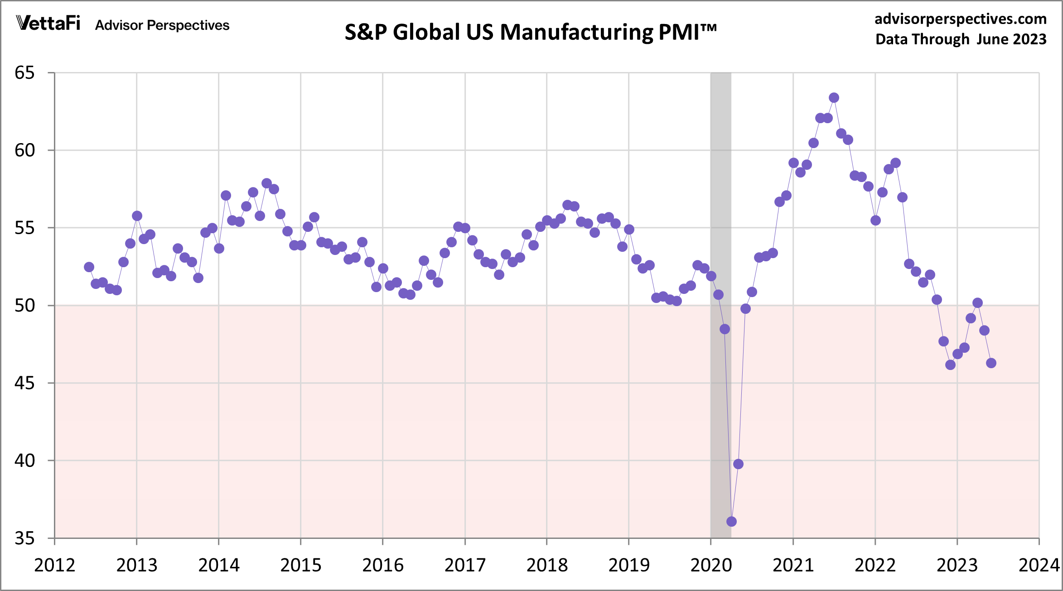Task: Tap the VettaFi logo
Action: click(48, 23)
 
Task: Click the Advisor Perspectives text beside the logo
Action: click(162, 25)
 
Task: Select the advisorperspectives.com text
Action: click(960, 19)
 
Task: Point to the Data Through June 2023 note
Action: click(961, 39)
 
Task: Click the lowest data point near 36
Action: click(731, 522)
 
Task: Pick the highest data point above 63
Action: click(834, 98)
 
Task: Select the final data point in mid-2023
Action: click(991, 363)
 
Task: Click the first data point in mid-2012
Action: click(89, 267)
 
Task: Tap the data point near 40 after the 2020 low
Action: click(738, 464)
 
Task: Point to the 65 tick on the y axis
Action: click(24, 73)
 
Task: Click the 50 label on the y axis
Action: click(24, 306)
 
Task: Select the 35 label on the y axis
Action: click(24, 538)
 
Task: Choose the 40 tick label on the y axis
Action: click(24, 461)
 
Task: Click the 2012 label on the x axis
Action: click(54, 565)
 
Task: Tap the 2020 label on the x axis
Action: click(711, 565)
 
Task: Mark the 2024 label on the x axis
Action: click(1039, 565)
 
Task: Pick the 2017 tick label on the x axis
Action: click(465, 565)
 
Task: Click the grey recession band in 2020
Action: click(720, 181)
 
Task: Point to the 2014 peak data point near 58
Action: click(266, 183)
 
